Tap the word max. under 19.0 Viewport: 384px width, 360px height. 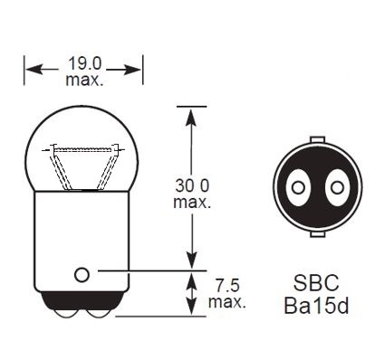(x=83, y=81)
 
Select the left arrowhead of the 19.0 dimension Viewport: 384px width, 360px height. (x=30, y=67)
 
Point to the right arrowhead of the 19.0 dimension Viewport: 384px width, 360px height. (x=138, y=67)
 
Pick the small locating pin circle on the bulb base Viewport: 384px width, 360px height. (x=82, y=273)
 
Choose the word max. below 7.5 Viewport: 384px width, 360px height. (x=225, y=301)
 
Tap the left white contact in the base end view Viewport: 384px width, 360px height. (x=295, y=188)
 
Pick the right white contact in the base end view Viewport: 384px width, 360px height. (x=337, y=188)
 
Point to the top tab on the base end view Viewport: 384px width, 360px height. (x=316, y=140)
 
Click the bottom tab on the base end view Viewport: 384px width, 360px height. (x=316, y=235)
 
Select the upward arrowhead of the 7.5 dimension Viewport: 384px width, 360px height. (x=191, y=276)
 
